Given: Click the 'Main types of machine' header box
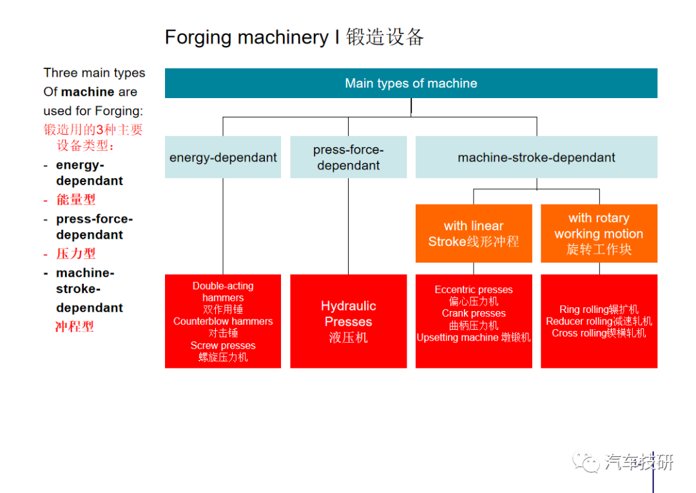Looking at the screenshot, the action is (x=411, y=83).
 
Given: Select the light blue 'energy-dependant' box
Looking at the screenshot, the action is (x=223, y=157).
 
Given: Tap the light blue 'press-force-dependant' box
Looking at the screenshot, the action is (x=349, y=157).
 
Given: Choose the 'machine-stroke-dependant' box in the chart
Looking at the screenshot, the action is (x=536, y=157).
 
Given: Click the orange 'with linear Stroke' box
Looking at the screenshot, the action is (x=474, y=234).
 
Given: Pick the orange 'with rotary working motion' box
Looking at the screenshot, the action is (x=599, y=234).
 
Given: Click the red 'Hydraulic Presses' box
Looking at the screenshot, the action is (x=349, y=321).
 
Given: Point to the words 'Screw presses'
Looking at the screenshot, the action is (x=223, y=345).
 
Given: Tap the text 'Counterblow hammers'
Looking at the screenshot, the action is (x=223, y=321).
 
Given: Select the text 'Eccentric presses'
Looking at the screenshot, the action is (x=474, y=289).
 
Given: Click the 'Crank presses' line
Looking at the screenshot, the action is (x=474, y=314).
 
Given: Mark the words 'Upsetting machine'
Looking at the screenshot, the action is (x=457, y=337).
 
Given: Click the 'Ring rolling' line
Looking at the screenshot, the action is (x=599, y=309).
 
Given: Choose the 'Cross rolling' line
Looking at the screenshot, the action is (x=599, y=333).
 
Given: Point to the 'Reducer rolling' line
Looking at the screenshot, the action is (x=599, y=321).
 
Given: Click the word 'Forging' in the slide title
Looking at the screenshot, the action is (x=198, y=37).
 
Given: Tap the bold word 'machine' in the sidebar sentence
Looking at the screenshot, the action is (x=87, y=92).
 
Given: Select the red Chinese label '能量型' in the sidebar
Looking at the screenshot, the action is (x=76, y=199).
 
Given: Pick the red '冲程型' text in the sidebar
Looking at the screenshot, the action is (x=75, y=327).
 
